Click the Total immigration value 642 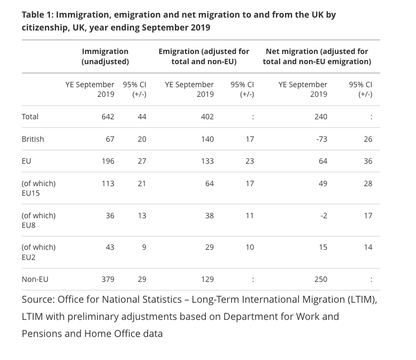click(x=107, y=117)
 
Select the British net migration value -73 click(x=321, y=139)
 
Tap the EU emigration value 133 click(x=207, y=161)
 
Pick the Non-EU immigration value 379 click(x=107, y=279)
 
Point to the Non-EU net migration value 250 click(x=321, y=279)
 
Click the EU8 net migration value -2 click(x=323, y=216)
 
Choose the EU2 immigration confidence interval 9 click(x=144, y=248)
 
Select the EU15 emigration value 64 click(x=209, y=183)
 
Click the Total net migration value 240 click(x=321, y=117)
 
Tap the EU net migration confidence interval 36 click(x=368, y=161)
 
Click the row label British click(x=33, y=139)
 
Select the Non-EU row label click(x=35, y=279)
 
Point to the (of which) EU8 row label click(x=38, y=220)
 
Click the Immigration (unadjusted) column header click(x=105, y=56)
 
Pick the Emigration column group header click(x=204, y=56)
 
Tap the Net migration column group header click(x=317, y=56)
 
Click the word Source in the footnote click(x=38, y=300)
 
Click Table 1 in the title click(x=37, y=15)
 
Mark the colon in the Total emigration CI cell click(x=253, y=117)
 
